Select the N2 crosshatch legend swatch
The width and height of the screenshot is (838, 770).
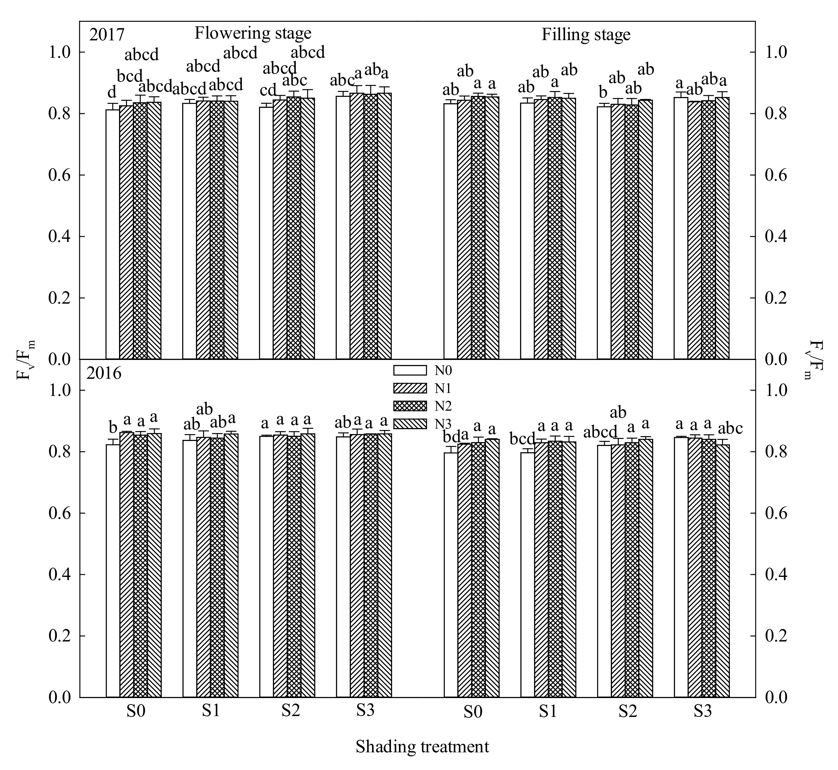tap(410, 406)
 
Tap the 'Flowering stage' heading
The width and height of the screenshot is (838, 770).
tap(253, 33)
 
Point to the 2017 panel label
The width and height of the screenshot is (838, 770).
tap(107, 35)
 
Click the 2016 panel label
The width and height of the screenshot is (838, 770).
tap(104, 374)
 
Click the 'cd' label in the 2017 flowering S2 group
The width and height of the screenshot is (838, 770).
tap(268, 90)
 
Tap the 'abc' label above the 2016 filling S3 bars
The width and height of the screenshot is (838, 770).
tap(727, 429)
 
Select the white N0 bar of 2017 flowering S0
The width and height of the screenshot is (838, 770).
tap(113, 233)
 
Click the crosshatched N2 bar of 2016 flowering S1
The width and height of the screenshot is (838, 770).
tap(217, 567)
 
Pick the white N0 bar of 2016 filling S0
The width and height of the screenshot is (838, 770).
tap(450, 575)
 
